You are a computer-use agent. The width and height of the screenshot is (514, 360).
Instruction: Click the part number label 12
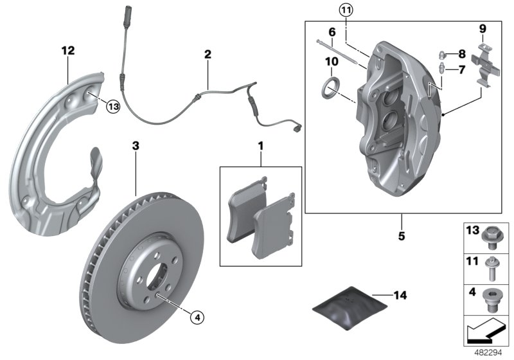point(68,50)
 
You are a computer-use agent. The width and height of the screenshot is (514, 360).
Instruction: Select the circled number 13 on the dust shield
point(113,107)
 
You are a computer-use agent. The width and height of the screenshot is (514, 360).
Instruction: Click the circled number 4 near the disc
point(198,316)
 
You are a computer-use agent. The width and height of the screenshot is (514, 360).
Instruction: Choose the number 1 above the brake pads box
point(261,147)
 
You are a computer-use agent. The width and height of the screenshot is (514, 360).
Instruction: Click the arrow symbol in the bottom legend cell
point(484,332)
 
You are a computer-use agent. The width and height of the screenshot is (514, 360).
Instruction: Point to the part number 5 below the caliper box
point(402,236)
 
